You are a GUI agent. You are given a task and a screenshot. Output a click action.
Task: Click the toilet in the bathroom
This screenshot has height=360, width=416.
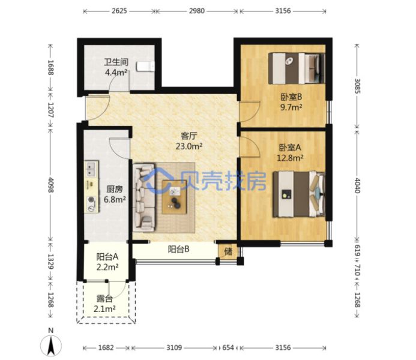(x=145, y=66)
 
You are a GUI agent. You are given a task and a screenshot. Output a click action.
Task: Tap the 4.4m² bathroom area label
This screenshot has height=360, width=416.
(x=116, y=72)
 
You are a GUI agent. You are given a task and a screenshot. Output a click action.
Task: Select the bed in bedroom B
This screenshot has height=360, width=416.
(x=297, y=68)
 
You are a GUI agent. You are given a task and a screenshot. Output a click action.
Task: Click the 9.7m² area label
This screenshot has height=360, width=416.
(x=291, y=107)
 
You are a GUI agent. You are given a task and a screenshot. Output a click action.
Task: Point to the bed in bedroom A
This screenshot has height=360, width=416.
(x=299, y=194)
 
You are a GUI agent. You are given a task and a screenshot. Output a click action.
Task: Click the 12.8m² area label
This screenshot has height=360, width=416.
(x=290, y=158)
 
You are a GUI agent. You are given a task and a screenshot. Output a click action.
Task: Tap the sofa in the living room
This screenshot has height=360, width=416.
(x=144, y=197)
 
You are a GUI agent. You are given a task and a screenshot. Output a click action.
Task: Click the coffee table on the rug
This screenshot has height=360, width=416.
(x=174, y=197)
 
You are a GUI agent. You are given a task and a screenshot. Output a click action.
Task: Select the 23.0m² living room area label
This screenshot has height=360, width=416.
(x=189, y=146)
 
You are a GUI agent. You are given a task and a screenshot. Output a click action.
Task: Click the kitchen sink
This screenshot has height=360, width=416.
(x=91, y=169)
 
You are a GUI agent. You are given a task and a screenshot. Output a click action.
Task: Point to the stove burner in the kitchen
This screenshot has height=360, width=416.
(x=91, y=199)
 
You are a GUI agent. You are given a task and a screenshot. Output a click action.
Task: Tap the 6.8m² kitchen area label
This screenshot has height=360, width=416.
(x=115, y=199)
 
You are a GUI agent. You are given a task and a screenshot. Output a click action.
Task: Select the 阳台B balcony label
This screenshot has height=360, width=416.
(x=178, y=250)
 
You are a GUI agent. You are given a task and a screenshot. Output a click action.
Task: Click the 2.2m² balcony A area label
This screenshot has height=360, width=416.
(x=107, y=267)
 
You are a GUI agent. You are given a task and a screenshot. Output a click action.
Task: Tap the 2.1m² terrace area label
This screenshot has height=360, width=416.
(x=104, y=309)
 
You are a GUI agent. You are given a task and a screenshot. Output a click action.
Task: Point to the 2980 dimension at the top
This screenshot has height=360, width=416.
(x=196, y=11)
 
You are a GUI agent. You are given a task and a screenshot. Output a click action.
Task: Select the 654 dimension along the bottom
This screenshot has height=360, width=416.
(x=228, y=347)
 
